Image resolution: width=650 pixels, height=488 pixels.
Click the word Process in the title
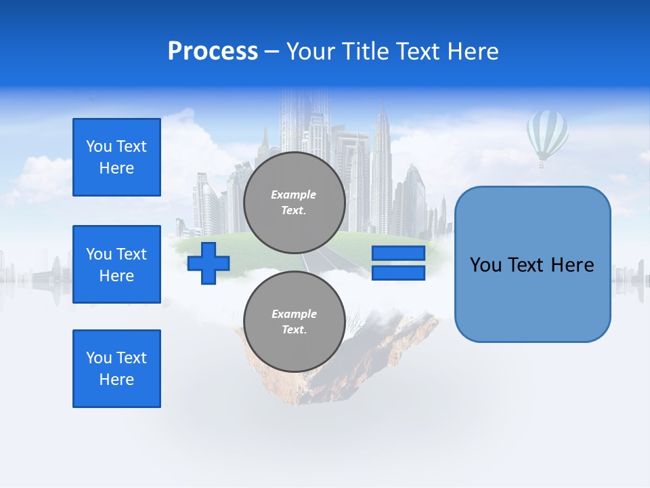coord(213,52)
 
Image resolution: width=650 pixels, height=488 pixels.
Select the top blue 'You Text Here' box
coord(116,157)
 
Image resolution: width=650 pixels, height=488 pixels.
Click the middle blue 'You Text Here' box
coord(116,264)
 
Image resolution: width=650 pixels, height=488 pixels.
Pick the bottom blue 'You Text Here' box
coord(116,369)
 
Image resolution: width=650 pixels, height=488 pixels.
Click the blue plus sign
coord(209,263)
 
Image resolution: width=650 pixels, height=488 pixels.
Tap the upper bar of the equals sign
coord(398,253)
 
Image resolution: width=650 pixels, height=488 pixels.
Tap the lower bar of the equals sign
coord(398,272)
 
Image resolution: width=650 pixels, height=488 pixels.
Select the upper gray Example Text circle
coord(295,203)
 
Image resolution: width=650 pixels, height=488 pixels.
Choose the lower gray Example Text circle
coord(295,322)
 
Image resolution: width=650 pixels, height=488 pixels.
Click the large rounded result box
coord(532,264)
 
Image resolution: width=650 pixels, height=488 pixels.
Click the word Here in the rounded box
coord(572,265)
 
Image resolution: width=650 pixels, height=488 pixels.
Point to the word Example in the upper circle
coord(294,195)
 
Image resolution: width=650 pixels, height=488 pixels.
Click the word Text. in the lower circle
coord(294,330)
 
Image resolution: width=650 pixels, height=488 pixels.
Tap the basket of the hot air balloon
coord(541,165)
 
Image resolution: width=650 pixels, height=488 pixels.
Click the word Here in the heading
coord(472,52)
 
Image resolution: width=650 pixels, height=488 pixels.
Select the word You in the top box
coord(99,146)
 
